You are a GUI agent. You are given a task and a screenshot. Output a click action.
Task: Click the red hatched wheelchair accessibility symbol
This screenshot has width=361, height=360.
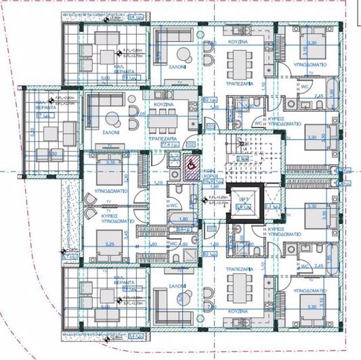tap(192, 164)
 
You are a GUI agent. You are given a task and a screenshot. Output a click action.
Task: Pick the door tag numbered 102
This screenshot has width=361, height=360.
tap(190, 144)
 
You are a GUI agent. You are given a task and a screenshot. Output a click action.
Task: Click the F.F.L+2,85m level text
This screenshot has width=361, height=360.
tap(217, 198)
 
